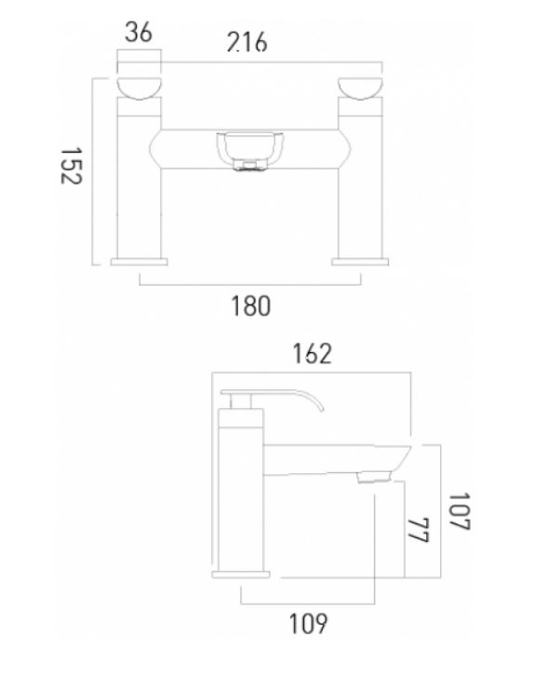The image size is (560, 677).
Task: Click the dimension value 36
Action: tap(139, 33)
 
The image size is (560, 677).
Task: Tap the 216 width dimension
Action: tap(247, 42)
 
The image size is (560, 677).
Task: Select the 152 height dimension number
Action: tap(71, 166)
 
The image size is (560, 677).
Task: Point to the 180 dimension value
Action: tap(250, 305)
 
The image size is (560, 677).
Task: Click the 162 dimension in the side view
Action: tap(313, 354)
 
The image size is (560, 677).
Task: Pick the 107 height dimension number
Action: tap(459, 511)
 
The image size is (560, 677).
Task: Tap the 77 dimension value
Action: tap(418, 530)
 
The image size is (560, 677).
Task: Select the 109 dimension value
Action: tap(308, 624)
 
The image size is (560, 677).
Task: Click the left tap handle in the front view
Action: tap(139, 88)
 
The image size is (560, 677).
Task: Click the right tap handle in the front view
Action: tap(360, 88)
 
